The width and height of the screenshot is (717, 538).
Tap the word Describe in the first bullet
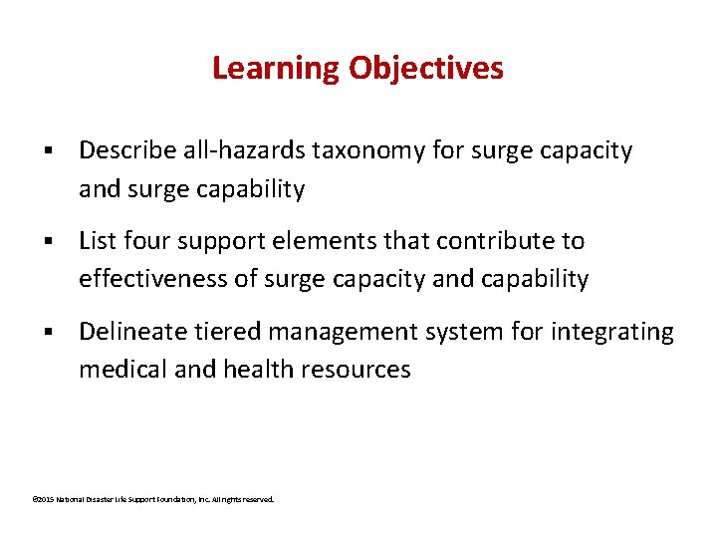126,150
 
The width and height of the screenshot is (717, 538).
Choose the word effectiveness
154,279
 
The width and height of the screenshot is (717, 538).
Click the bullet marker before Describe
47,151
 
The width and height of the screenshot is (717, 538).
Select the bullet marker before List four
47,241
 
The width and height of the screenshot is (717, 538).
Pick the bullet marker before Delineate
47,331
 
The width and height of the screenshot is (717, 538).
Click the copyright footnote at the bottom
152,498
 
